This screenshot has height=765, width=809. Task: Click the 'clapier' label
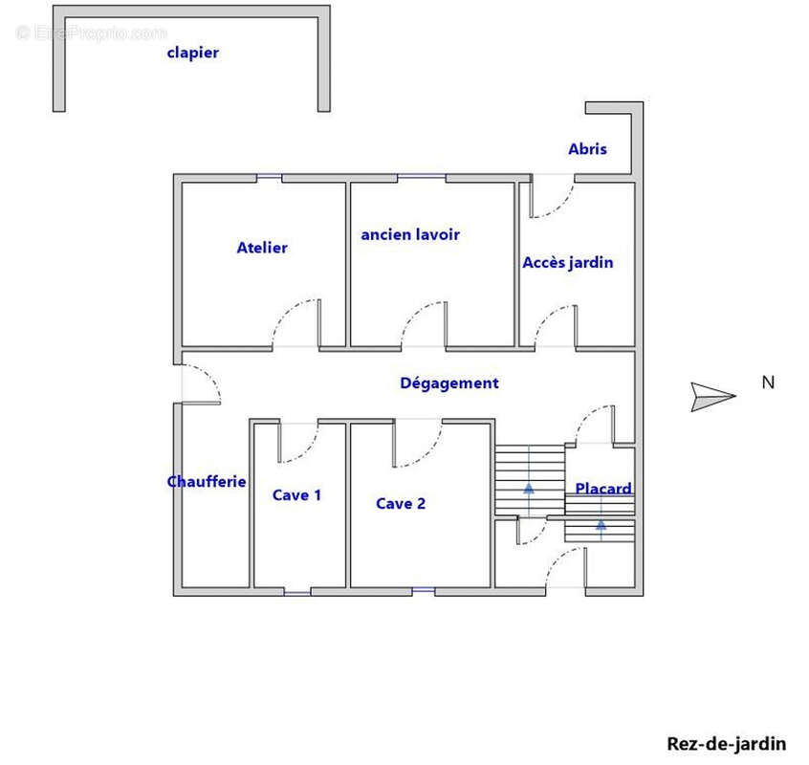[x=192, y=53]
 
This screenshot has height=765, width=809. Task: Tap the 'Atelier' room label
[x=262, y=248]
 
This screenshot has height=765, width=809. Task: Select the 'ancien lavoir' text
[x=410, y=234]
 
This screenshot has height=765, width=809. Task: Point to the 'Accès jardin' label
[x=567, y=262]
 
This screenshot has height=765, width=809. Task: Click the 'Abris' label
[x=587, y=149]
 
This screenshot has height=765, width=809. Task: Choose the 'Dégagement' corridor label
[x=448, y=383]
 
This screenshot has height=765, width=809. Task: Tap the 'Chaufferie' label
[x=207, y=482]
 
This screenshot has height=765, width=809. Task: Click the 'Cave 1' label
[x=296, y=495]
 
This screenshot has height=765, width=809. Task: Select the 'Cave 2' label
[x=400, y=504]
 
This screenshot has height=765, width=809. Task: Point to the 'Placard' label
[x=603, y=489]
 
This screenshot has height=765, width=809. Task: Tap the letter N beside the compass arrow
[x=767, y=382]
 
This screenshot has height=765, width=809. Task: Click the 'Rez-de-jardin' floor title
[x=726, y=743]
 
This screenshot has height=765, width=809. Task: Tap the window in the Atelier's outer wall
[x=269, y=177]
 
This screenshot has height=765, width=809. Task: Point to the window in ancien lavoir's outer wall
[x=422, y=177]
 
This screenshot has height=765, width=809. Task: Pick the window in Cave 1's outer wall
[x=297, y=592]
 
